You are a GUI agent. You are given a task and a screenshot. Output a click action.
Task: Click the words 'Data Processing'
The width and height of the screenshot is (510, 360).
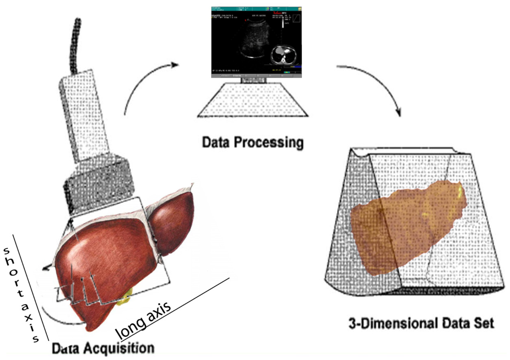pyautogui.click(x=252, y=143)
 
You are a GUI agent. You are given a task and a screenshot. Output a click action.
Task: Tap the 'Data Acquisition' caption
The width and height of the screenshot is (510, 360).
pyautogui.click(x=103, y=347)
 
